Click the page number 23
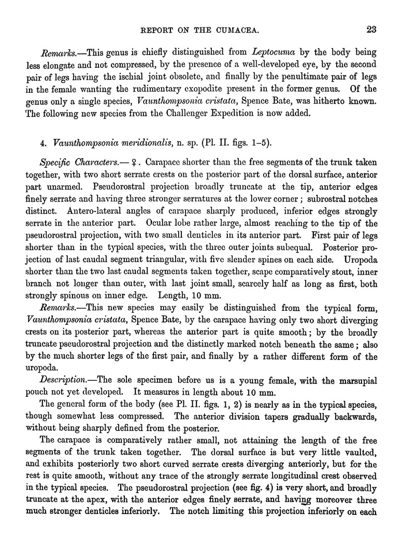point(370,30)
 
